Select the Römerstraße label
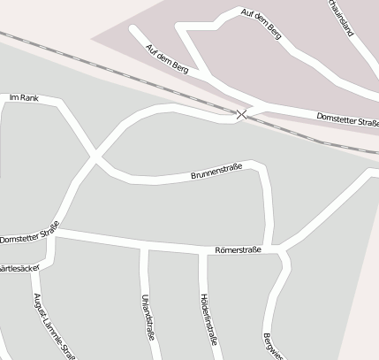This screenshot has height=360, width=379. click(x=238, y=250)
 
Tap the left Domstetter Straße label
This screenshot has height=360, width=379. click(x=29, y=234)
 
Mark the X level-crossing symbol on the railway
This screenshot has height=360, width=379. click(x=242, y=113)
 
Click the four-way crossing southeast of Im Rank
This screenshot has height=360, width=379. click(x=95, y=157)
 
